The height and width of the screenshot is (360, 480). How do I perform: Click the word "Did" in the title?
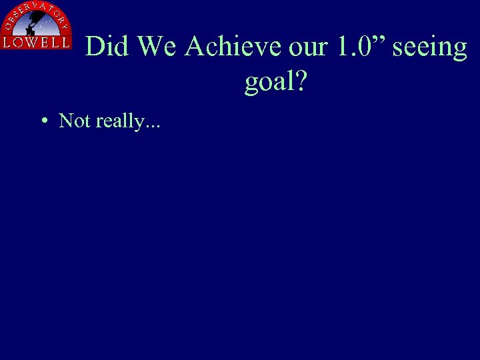pos(109,47)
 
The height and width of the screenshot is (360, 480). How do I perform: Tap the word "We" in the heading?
pos(158,47)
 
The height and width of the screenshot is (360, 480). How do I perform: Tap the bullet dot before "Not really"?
pos(43,121)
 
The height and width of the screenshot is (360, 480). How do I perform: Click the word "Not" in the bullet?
pos(75,121)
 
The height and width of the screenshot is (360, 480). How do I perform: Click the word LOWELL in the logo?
pos(36,42)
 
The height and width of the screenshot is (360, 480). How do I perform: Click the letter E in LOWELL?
pos(42,42)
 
